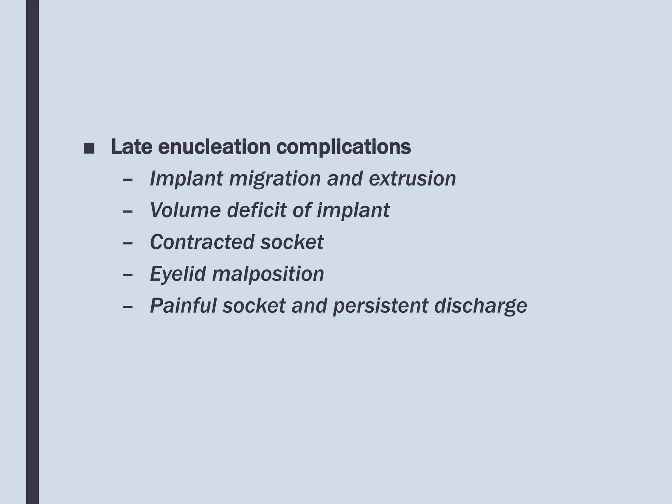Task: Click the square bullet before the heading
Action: pos(89,148)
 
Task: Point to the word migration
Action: pos(275,179)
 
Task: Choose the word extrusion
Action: pos(412,179)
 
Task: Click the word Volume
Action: pos(185,210)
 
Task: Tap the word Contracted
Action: pos(202,242)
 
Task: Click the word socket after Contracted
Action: pos(292,242)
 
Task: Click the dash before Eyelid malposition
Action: pos(127,275)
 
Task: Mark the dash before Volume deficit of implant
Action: pos(127,211)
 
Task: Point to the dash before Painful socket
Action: pos(127,307)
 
